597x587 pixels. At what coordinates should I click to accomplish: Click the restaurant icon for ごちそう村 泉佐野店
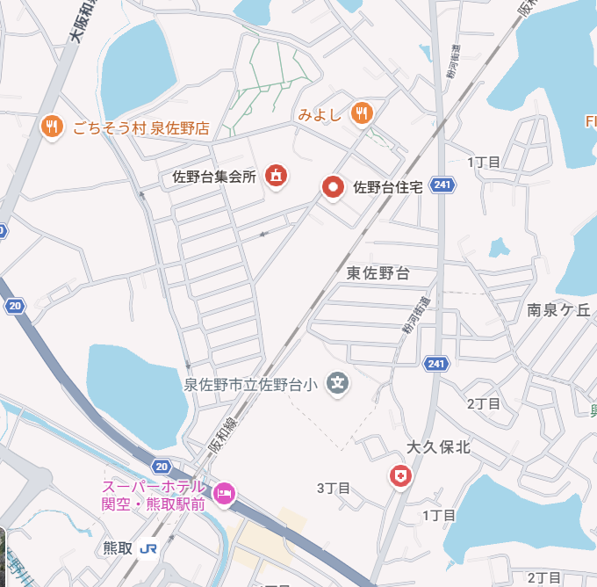pyautogui.click(x=52, y=127)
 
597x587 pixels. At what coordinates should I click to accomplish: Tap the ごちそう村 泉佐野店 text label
pyautogui.click(x=140, y=127)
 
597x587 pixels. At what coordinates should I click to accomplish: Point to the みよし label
pyautogui.click(x=319, y=114)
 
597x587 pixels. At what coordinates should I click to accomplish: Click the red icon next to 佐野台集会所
pyautogui.click(x=276, y=176)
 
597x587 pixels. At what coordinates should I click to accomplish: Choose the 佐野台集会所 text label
pyautogui.click(x=214, y=177)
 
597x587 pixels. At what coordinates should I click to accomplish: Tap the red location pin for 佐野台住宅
pyautogui.click(x=333, y=186)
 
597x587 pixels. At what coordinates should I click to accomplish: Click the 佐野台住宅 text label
pyautogui.click(x=388, y=187)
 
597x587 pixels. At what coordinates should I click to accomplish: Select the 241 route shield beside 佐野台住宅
pyautogui.click(x=444, y=185)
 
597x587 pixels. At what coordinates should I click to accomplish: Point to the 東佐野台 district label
pyautogui.click(x=378, y=273)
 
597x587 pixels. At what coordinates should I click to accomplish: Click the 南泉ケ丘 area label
pyautogui.click(x=559, y=309)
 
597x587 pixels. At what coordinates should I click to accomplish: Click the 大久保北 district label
pyautogui.click(x=439, y=447)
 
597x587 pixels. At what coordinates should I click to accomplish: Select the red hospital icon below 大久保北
pyautogui.click(x=400, y=476)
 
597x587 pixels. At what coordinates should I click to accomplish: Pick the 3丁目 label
pyautogui.click(x=334, y=488)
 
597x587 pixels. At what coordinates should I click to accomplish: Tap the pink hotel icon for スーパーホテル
pyautogui.click(x=225, y=495)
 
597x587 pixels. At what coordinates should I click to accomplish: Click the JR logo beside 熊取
pyautogui.click(x=148, y=547)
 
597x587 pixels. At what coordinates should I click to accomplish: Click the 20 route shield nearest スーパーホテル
pyautogui.click(x=160, y=465)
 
